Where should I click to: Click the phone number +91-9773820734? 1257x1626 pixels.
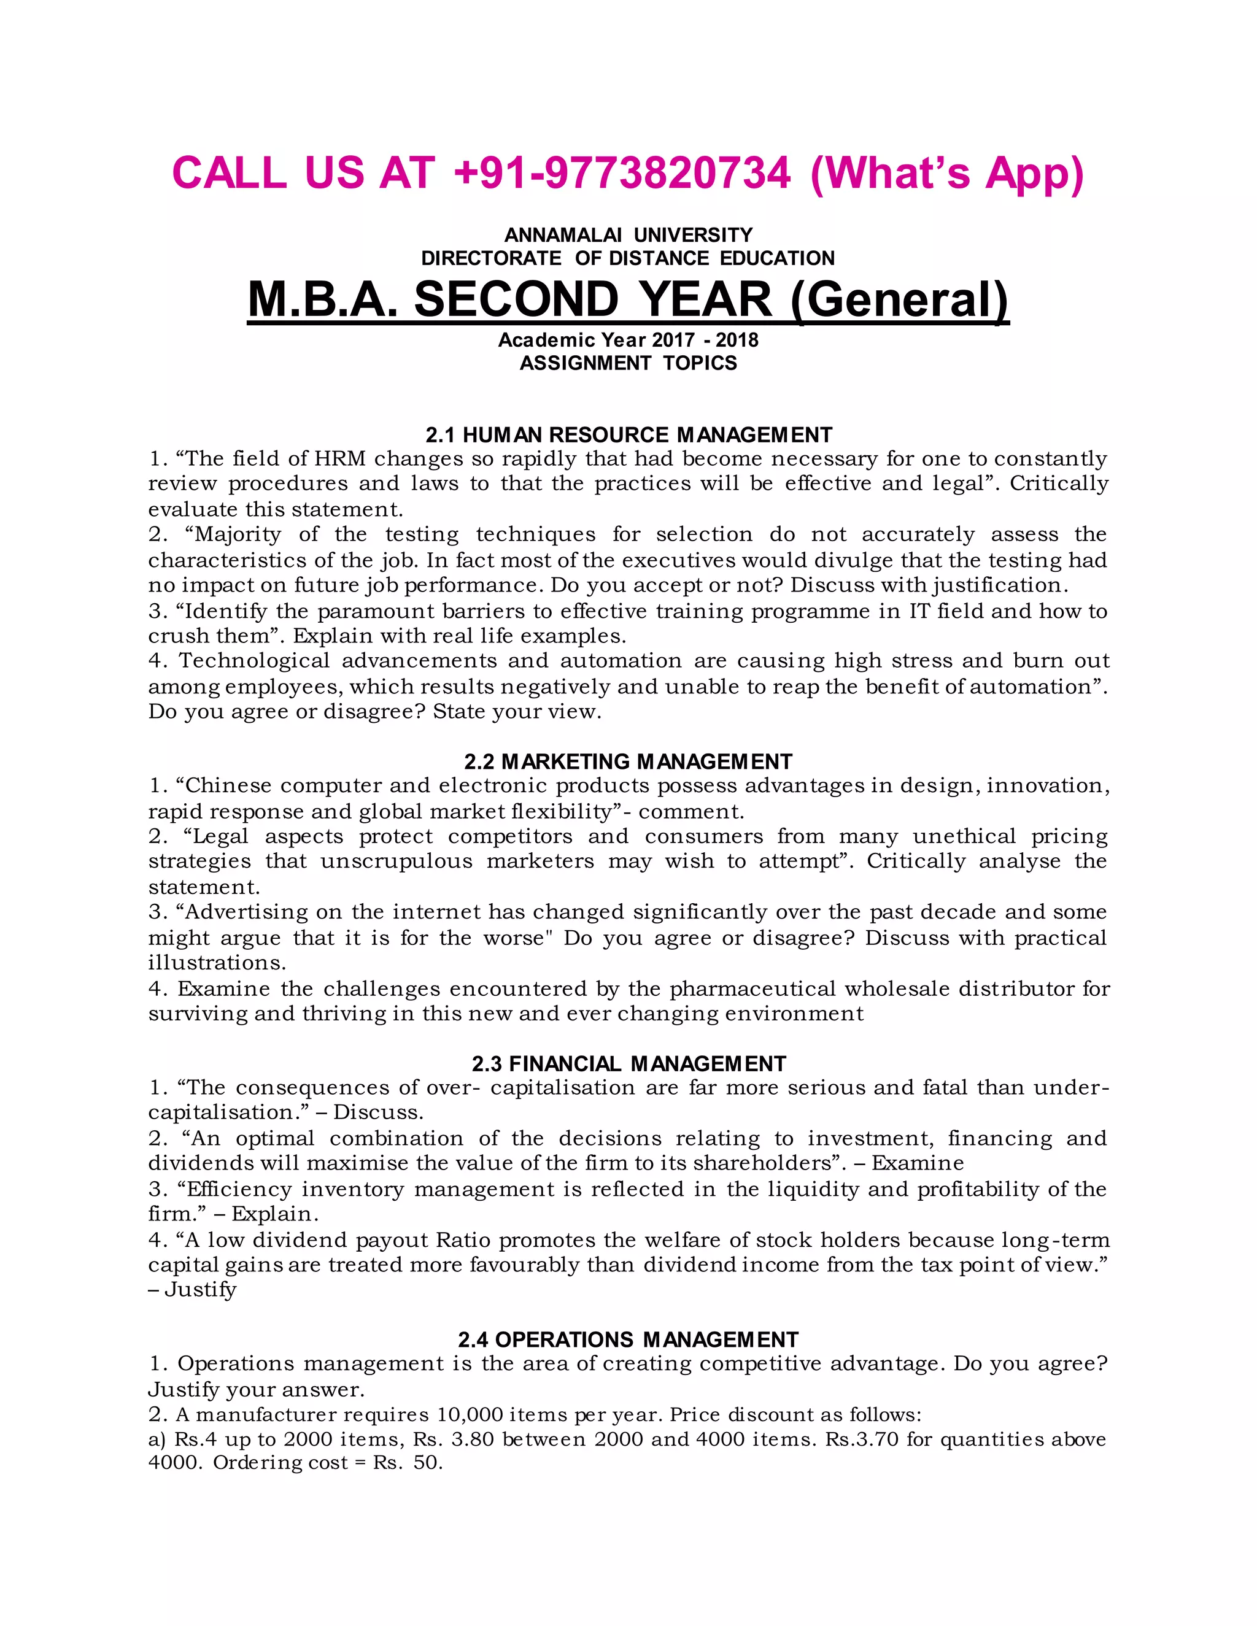pos(622,173)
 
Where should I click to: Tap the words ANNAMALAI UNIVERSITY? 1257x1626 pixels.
pos(628,235)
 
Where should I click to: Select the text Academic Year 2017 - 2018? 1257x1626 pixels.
pos(628,341)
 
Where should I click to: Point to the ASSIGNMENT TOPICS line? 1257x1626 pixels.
pos(628,363)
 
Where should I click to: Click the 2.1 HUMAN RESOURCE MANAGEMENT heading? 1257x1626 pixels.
pos(628,435)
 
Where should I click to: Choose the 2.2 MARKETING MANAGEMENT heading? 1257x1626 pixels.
pos(628,761)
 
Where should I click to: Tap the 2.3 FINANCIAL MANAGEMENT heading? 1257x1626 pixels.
pos(628,1064)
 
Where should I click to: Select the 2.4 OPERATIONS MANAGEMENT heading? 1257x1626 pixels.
pos(628,1340)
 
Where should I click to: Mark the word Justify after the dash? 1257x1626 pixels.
pos(199,1290)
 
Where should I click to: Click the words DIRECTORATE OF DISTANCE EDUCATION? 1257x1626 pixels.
pos(628,258)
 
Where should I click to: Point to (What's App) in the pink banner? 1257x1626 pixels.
pos(946,173)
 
